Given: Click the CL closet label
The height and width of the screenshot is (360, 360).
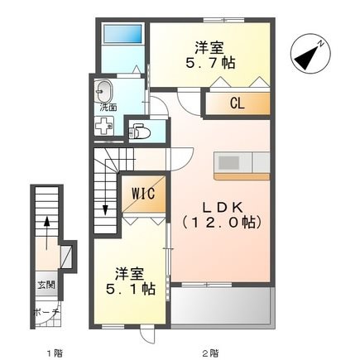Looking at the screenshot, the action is pyautogui.click(x=238, y=103).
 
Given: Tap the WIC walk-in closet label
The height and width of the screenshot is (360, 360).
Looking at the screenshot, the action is pyautogui.click(x=143, y=194).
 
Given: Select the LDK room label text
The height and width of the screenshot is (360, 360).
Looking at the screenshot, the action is pyautogui.click(x=223, y=208).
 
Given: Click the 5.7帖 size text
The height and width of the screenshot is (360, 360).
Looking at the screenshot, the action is pyautogui.click(x=210, y=64).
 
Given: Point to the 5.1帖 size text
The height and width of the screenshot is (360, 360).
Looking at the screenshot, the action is pyautogui.click(x=131, y=289).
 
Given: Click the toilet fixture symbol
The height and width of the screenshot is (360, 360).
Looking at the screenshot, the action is pyautogui.click(x=140, y=132).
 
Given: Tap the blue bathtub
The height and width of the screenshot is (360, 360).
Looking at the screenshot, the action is pyautogui.click(x=122, y=34).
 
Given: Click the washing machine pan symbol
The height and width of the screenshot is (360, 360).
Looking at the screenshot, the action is pyautogui.click(x=103, y=126).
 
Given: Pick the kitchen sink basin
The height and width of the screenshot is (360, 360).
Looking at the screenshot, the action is pyautogui.click(x=228, y=163).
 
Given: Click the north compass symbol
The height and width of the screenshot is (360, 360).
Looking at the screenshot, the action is pyautogui.click(x=310, y=54).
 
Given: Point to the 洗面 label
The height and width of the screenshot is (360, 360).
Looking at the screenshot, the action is pyautogui.click(x=108, y=108).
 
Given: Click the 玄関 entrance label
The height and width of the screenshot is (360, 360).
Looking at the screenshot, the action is pyautogui.click(x=46, y=285).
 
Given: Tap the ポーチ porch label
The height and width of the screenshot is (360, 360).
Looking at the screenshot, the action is pyautogui.click(x=46, y=312).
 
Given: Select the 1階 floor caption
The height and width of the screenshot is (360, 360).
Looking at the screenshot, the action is pyautogui.click(x=55, y=353).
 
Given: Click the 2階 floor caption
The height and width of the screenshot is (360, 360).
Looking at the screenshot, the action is pyautogui.click(x=211, y=353).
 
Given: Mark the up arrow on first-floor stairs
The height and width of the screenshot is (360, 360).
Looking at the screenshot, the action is pyautogui.click(x=46, y=233).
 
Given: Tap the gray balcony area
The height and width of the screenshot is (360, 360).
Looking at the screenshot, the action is pyautogui.click(x=220, y=305).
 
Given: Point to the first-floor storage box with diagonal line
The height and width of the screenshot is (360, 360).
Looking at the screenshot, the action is pyautogui.click(x=66, y=257).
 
